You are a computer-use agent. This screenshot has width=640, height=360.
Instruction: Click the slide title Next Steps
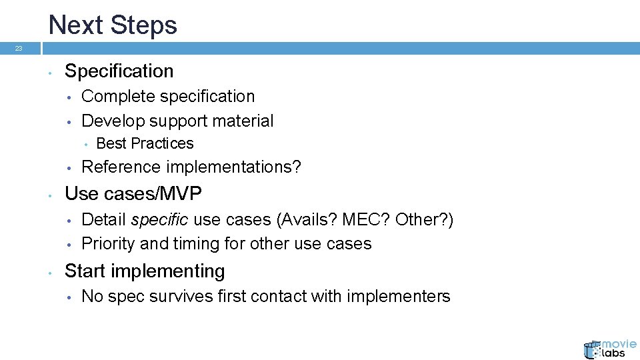(113, 25)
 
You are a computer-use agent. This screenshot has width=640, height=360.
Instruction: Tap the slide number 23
(19, 49)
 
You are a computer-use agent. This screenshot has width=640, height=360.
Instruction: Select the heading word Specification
(119, 71)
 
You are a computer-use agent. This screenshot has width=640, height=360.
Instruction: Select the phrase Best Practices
(145, 144)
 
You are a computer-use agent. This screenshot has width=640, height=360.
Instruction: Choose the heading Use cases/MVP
(133, 194)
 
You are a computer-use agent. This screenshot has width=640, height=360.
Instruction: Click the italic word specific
(160, 220)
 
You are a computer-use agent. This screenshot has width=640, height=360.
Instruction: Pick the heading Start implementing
(145, 271)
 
